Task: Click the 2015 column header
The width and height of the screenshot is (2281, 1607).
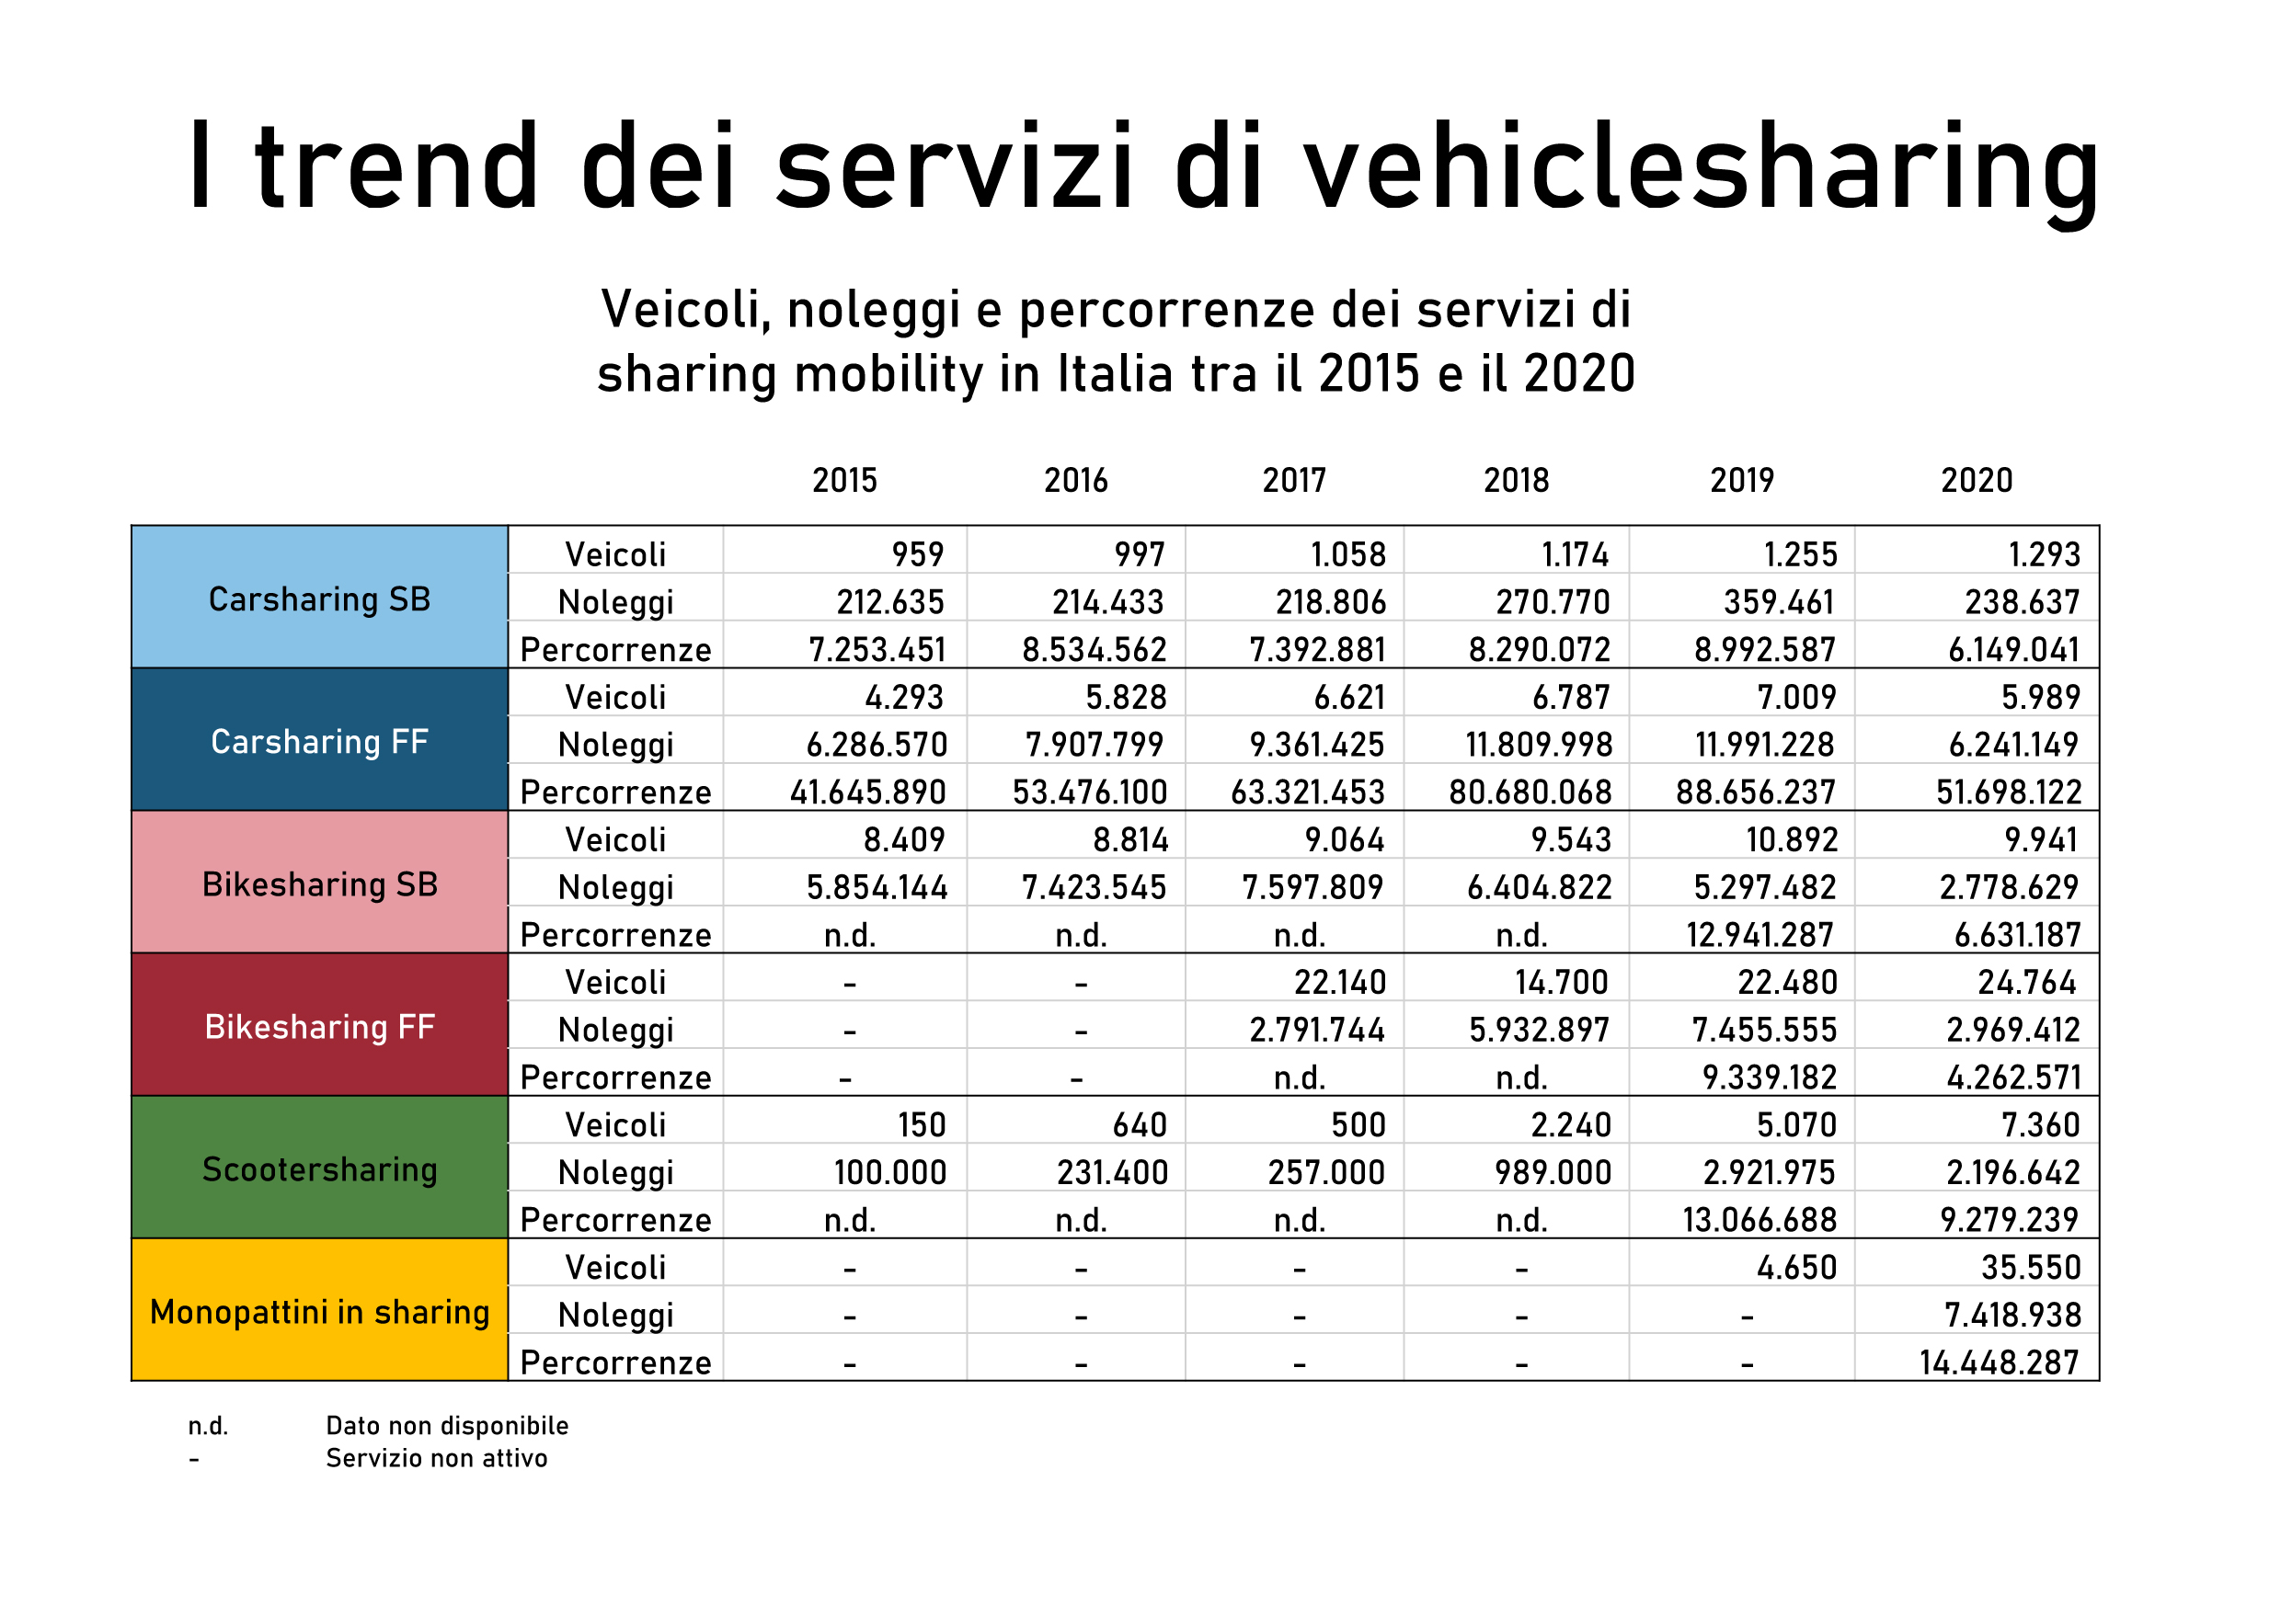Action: point(844,481)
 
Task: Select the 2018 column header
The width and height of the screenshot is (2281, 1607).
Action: point(1516,481)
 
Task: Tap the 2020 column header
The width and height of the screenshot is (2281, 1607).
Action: point(1976,481)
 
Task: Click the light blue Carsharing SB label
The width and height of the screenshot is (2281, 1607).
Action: point(319,600)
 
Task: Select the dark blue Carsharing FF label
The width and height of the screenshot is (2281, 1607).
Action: point(319,742)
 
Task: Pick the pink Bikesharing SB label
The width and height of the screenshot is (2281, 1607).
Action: point(319,885)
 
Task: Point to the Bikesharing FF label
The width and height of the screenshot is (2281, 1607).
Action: point(319,1027)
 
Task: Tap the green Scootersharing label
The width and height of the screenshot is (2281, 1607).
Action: point(319,1170)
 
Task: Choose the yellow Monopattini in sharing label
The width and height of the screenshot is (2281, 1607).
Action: point(319,1312)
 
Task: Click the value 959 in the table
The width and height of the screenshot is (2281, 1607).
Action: point(917,554)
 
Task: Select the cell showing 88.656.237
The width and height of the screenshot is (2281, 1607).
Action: point(1756,792)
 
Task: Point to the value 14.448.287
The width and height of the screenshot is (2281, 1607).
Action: point(1999,1362)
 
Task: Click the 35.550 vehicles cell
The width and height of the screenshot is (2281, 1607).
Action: point(2031,1269)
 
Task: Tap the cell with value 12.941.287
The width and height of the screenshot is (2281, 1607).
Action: point(1760,936)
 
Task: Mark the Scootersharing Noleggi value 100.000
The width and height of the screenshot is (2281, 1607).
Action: point(890,1173)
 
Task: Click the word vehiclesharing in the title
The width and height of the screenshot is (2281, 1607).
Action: point(1701,166)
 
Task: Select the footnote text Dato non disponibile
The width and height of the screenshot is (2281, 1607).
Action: point(447,1426)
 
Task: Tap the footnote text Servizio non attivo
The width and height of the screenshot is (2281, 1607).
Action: point(436,1458)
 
